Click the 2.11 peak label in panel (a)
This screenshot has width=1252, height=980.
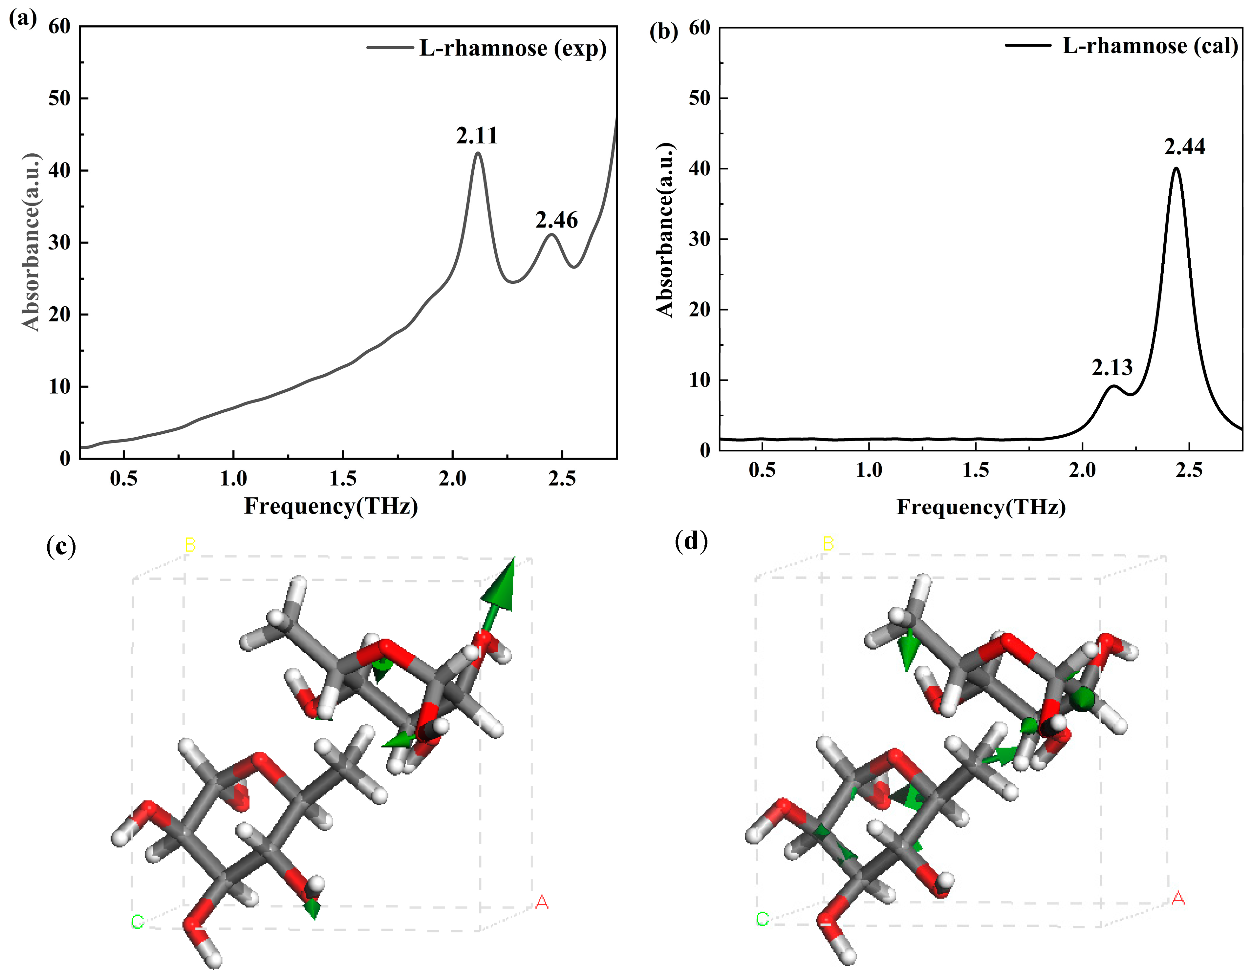point(477,136)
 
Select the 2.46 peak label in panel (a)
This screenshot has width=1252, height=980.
point(556,220)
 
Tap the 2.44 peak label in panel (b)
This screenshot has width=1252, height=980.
point(1184,147)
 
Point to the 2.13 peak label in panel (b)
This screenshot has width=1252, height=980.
point(1112,368)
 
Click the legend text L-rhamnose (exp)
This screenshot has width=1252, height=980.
point(512,48)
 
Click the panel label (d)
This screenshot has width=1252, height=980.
point(691,540)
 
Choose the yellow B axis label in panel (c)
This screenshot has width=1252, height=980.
point(190,545)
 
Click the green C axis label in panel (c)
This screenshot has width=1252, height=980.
point(137,922)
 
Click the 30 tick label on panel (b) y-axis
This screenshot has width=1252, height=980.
point(700,239)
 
